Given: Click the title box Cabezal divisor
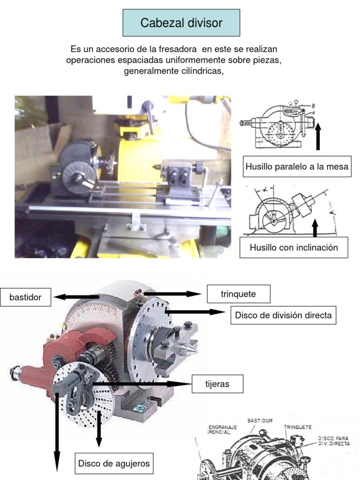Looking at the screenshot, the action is (x=181, y=22).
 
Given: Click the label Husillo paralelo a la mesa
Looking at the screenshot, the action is (x=297, y=166).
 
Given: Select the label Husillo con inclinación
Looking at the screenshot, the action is (x=293, y=247).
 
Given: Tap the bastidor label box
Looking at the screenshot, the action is (x=25, y=297).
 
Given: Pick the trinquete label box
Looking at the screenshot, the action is (x=238, y=294).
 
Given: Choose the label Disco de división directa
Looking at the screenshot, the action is (x=283, y=315).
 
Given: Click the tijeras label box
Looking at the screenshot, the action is (x=217, y=384).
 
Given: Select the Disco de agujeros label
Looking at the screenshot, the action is (x=114, y=464).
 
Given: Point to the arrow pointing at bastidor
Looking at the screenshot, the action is (x=75, y=297).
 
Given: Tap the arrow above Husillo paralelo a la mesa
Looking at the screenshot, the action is (x=318, y=136).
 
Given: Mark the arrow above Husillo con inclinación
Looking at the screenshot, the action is (x=315, y=228).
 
